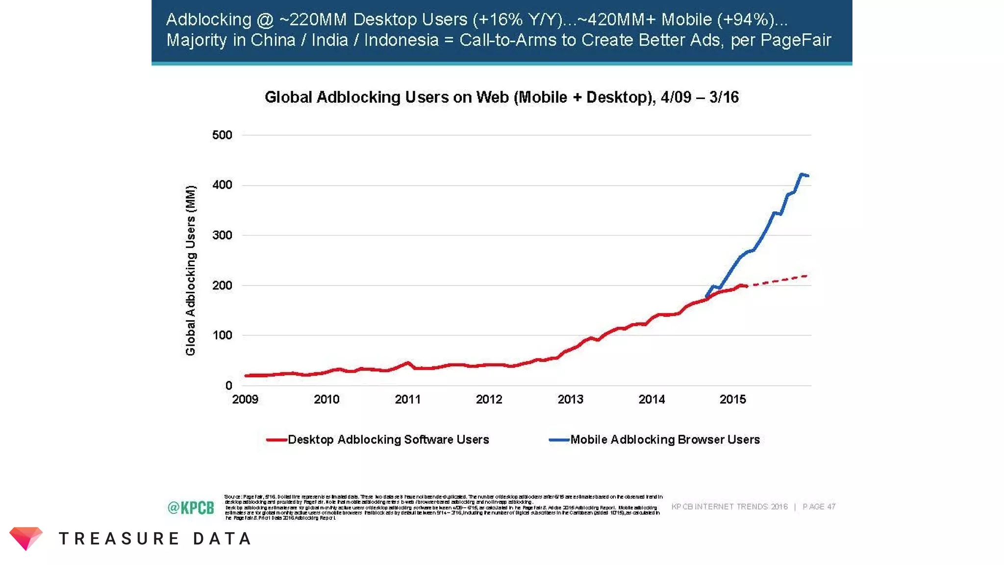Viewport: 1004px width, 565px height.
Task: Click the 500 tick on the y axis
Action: pyautogui.click(x=222, y=135)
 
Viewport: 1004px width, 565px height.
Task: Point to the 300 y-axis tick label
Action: pyautogui.click(x=222, y=235)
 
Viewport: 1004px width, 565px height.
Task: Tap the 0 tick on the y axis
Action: pyautogui.click(x=228, y=385)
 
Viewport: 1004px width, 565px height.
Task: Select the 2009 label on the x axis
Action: pyautogui.click(x=245, y=399)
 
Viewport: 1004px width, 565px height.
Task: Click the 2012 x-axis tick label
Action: pyautogui.click(x=489, y=399)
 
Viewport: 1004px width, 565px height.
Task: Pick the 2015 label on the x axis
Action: pyautogui.click(x=732, y=399)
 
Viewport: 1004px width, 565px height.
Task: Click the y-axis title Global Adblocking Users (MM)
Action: pyautogui.click(x=191, y=270)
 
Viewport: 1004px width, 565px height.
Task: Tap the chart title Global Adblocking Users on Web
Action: pyautogui.click(x=502, y=97)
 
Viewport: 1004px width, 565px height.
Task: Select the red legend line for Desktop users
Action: pyautogui.click(x=276, y=440)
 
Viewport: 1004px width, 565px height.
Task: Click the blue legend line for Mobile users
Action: pyautogui.click(x=559, y=440)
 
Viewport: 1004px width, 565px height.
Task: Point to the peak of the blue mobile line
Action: pyautogui.click(x=802, y=174)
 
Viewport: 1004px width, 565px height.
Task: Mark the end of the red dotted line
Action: pyautogui.click(x=806, y=276)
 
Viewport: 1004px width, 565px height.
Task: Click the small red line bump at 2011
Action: pyautogui.click(x=408, y=363)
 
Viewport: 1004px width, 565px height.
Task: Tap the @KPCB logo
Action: pyautogui.click(x=191, y=507)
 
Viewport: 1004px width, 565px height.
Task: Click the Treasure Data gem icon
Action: pyautogui.click(x=26, y=539)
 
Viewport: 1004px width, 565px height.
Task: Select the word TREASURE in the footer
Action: pyautogui.click(x=119, y=539)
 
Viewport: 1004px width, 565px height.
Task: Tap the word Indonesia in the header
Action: pyautogui.click(x=401, y=40)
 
